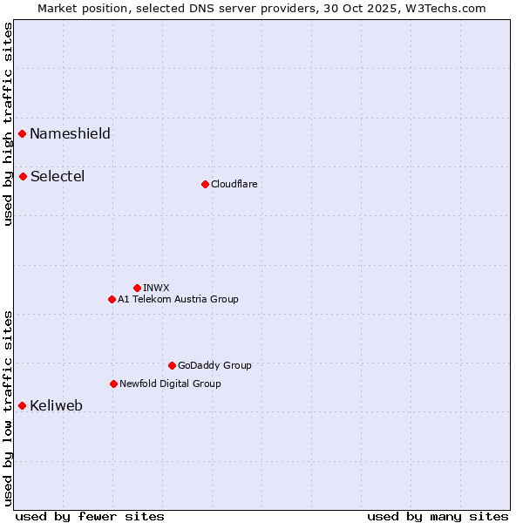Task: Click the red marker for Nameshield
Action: [x=23, y=133]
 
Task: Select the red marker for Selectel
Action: [x=23, y=176]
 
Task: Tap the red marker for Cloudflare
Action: [x=205, y=184]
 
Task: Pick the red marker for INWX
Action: [x=137, y=288]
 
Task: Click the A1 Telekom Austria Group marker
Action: [x=112, y=299]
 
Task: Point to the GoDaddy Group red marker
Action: [x=172, y=365]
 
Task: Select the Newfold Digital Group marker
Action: [x=113, y=384]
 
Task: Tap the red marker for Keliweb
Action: [x=23, y=405]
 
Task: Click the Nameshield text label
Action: [x=70, y=133]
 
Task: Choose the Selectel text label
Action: [x=58, y=176]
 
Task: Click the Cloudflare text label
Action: [x=234, y=184]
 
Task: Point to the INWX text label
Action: [x=156, y=288]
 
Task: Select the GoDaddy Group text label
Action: [x=214, y=365]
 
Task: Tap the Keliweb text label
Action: [x=56, y=405]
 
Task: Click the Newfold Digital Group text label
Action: [x=170, y=384]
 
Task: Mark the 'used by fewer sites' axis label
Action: [x=90, y=516]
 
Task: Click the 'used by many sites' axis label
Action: [x=438, y=516]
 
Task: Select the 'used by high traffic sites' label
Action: [x=8, y=124]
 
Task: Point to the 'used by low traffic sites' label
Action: [x=8, y=408]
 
